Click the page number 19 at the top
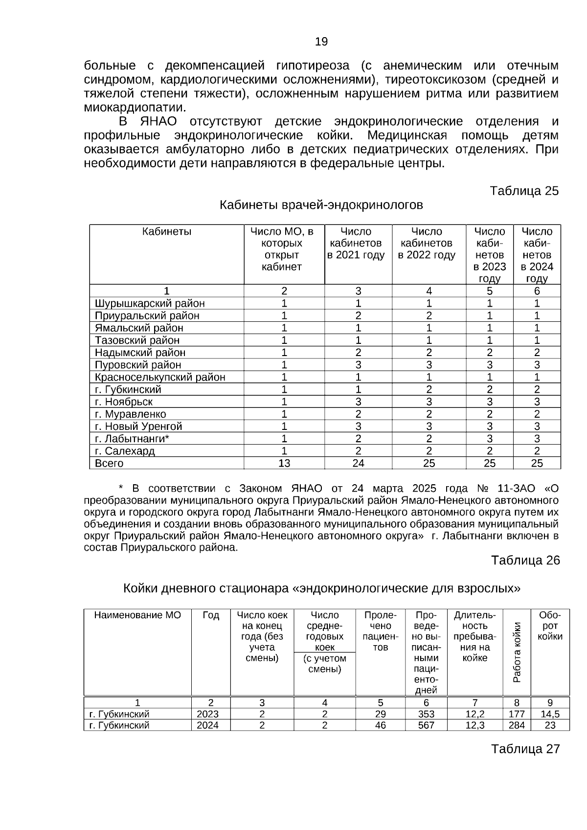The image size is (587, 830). coord(321,42)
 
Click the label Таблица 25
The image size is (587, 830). coord(524,191)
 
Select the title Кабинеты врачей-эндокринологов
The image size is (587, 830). coord(321,205)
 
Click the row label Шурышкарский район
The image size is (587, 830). coord(150,303)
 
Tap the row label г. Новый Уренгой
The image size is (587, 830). coord(138,426)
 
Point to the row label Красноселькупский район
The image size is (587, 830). coord(160,377)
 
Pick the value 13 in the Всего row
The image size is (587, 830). coord(284,463)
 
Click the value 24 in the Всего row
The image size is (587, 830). coord(358,463)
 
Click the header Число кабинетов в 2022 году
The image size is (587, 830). coord(427,243)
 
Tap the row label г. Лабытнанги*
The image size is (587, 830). coord(132,438)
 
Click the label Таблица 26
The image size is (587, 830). coord(525,560)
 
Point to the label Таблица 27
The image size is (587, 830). coord(525,749)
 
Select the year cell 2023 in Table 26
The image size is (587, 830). coord(207,714)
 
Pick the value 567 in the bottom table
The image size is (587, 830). coord(426,725)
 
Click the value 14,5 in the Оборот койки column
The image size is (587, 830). coord(550,714)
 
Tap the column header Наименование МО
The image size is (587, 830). coord(137,615)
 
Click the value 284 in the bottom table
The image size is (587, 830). coord(517,725)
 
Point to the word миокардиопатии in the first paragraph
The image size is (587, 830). coord(135,108)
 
